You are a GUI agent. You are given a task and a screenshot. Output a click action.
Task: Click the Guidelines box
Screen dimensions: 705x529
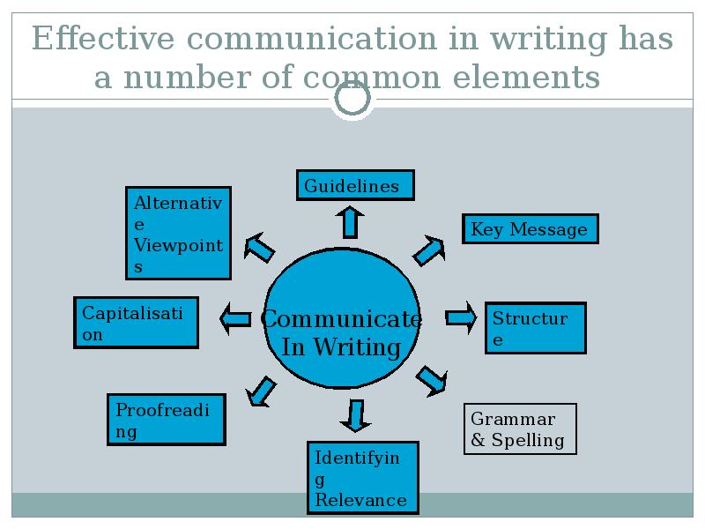pos(355,185)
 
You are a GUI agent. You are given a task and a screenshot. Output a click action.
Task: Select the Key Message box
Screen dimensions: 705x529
pos(530,229)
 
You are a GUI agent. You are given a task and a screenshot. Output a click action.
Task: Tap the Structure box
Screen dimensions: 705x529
pos(535,328)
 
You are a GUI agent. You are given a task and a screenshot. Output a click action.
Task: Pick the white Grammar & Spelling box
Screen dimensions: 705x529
pos(520,429)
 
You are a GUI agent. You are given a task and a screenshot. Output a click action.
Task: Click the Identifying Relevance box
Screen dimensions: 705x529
pos(361,477)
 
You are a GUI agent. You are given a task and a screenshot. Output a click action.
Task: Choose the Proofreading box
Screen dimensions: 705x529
pos(167,420)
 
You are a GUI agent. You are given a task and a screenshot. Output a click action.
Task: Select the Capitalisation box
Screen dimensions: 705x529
pos(135,322)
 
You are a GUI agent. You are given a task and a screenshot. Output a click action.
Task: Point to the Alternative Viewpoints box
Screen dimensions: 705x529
pos(178,233)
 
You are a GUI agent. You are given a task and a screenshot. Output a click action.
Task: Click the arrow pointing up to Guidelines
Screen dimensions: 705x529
pos(351,221)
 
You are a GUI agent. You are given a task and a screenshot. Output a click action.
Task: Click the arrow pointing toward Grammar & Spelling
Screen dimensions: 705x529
pos(431,379)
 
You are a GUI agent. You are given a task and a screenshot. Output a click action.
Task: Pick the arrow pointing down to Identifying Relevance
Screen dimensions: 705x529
pos(355,414)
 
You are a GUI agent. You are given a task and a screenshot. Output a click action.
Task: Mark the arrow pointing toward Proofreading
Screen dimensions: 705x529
pos(261,391)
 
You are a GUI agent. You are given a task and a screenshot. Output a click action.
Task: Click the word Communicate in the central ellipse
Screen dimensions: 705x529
pos(342,319)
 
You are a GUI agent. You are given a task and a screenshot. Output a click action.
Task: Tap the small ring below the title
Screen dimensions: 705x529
pos(352,100)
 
